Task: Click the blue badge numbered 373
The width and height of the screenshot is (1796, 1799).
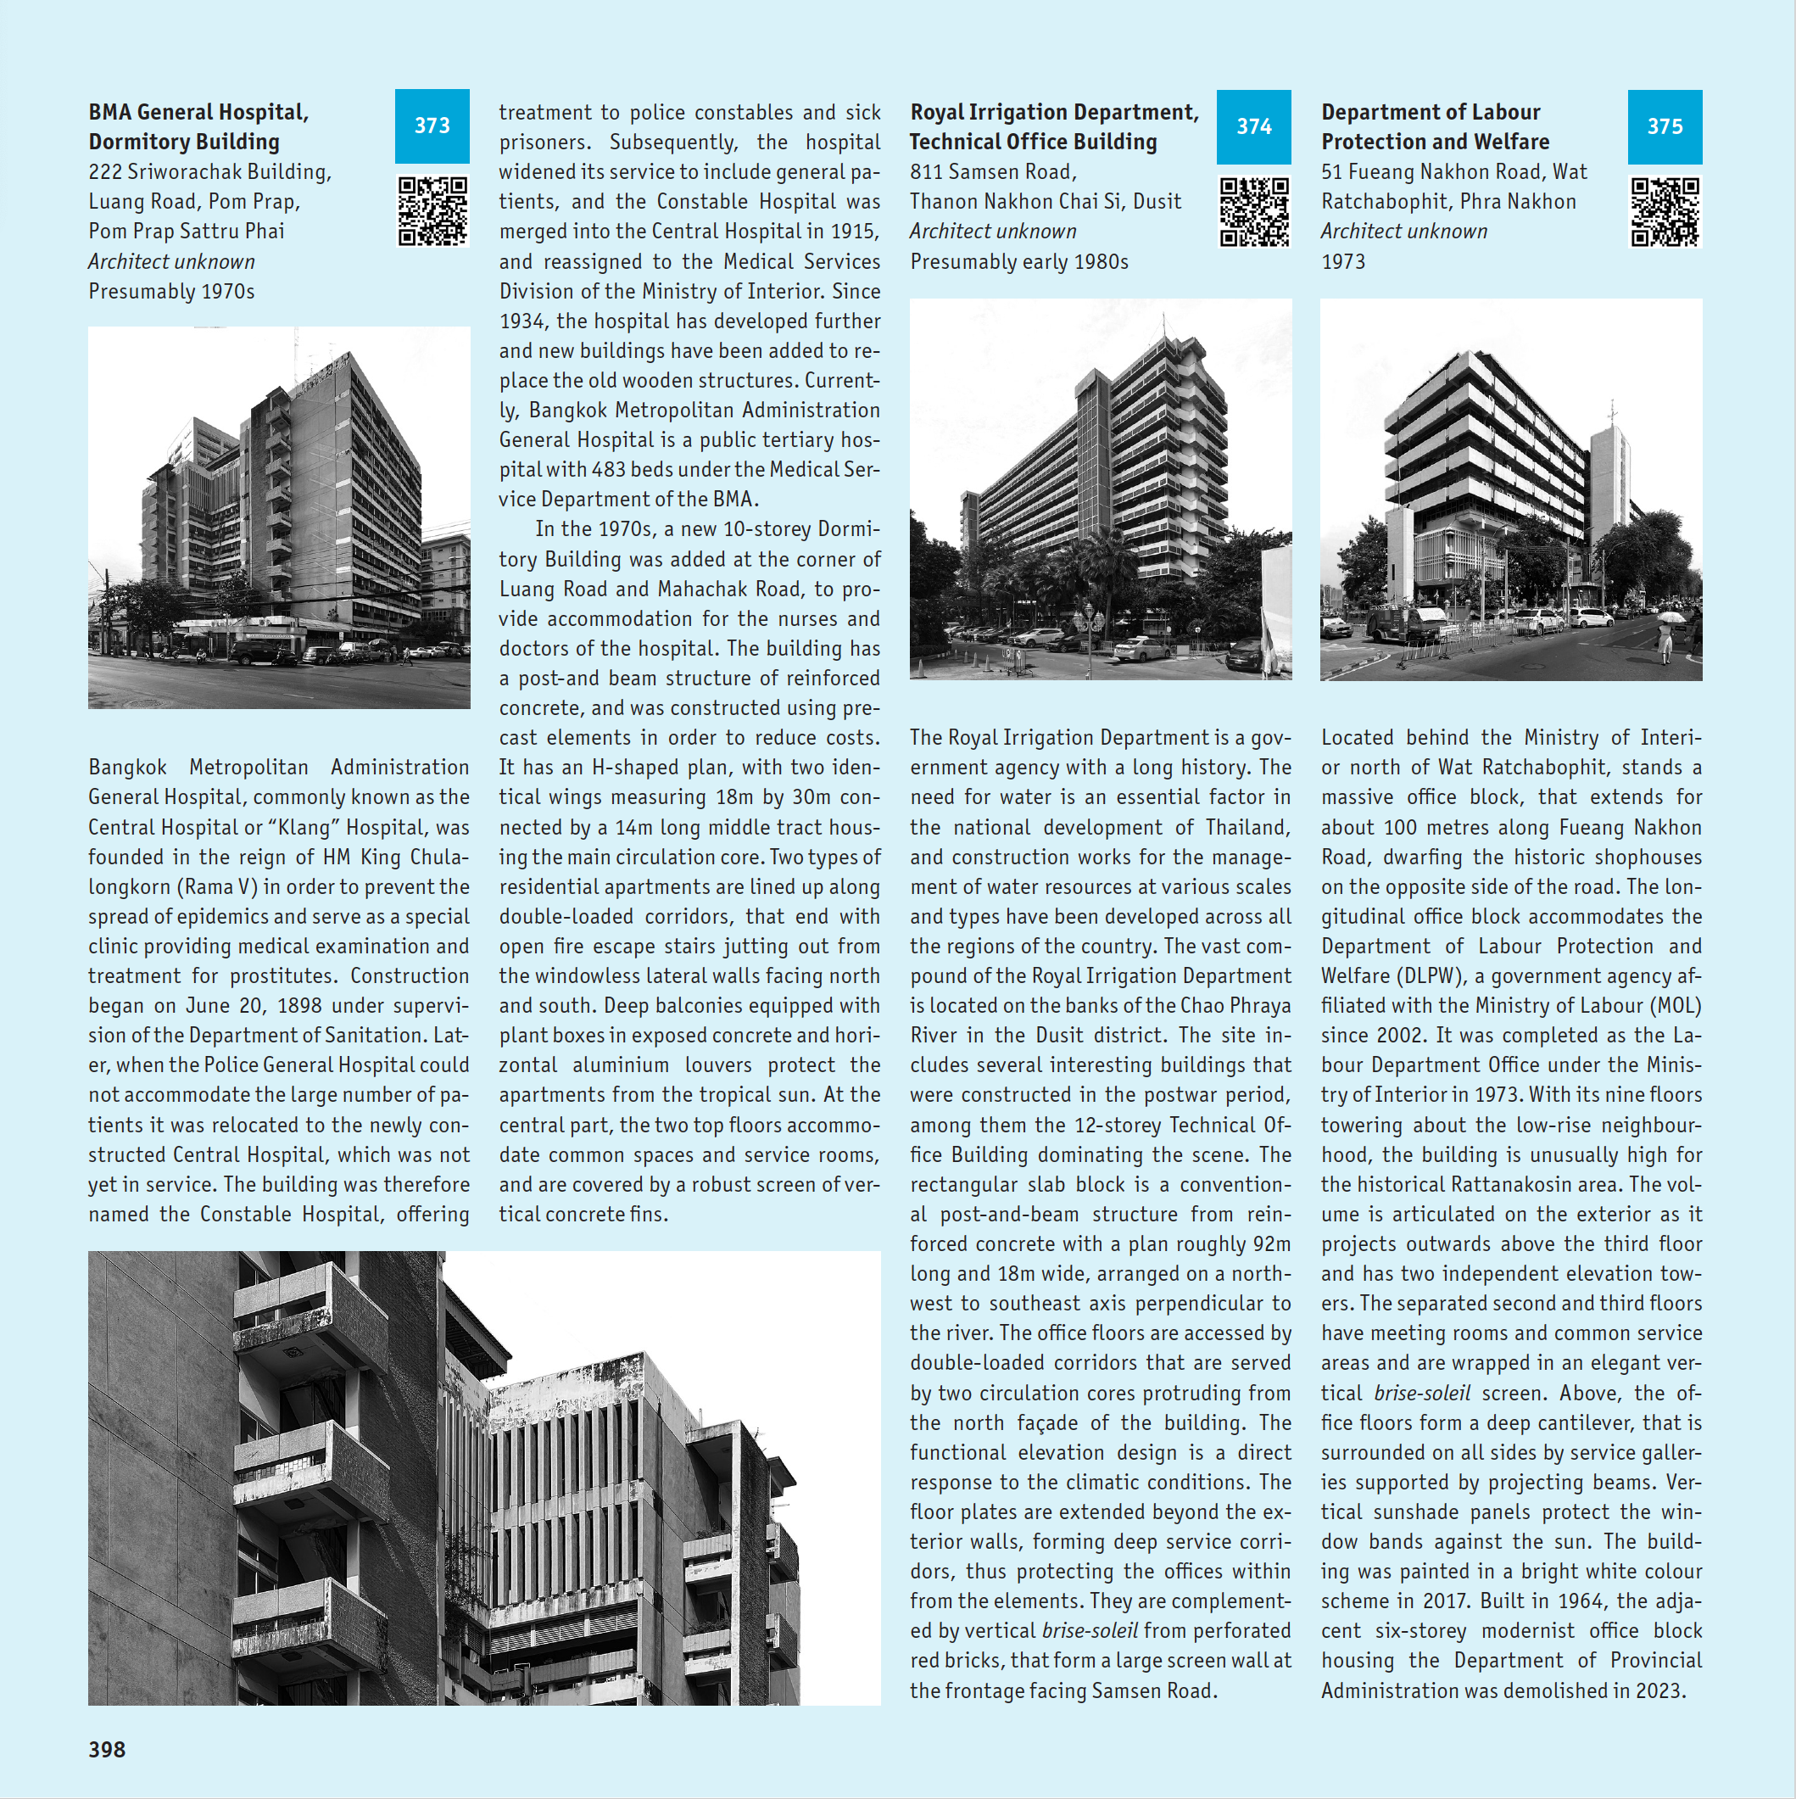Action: (432, 126)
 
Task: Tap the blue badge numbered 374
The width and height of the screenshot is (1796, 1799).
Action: (1253, 126)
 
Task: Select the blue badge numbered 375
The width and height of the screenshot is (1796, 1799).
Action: (1665, 126)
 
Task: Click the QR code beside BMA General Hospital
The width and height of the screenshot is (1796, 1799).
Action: (433, 211)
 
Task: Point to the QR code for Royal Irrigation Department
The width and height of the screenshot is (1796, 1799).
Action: (1254, 212)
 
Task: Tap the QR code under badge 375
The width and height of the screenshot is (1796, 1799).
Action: (1665, 212)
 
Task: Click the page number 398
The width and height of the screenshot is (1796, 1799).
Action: (107, 1749)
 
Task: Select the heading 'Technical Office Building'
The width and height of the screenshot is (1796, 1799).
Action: (1033, 142)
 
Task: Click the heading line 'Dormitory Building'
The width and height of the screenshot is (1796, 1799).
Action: (183, 142)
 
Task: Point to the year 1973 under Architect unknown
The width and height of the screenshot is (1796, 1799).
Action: (1342, 261)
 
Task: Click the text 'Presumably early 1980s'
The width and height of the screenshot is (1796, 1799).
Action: (1018, 261)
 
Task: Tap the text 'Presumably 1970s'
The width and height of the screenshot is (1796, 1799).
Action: (171, 292)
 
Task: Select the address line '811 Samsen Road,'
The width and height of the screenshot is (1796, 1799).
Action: (992, 172)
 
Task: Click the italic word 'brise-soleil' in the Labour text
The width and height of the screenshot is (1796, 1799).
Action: (1422, 1393)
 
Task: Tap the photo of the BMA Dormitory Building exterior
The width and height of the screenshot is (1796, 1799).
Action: (278, 517)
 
